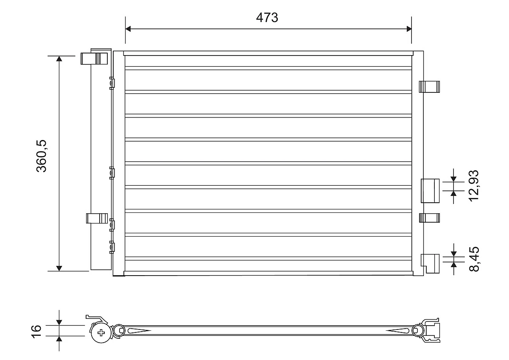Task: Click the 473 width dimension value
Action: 267,18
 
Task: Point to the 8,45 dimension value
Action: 474,259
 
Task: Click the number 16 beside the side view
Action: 36,331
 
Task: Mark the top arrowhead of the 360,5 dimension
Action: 59,59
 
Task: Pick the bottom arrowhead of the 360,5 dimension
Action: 59,267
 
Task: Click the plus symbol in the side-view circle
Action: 101,332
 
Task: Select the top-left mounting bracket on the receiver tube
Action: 94,59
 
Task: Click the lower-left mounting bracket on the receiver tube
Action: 95,218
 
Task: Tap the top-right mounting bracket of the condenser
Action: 430,86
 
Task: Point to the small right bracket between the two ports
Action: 430,218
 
